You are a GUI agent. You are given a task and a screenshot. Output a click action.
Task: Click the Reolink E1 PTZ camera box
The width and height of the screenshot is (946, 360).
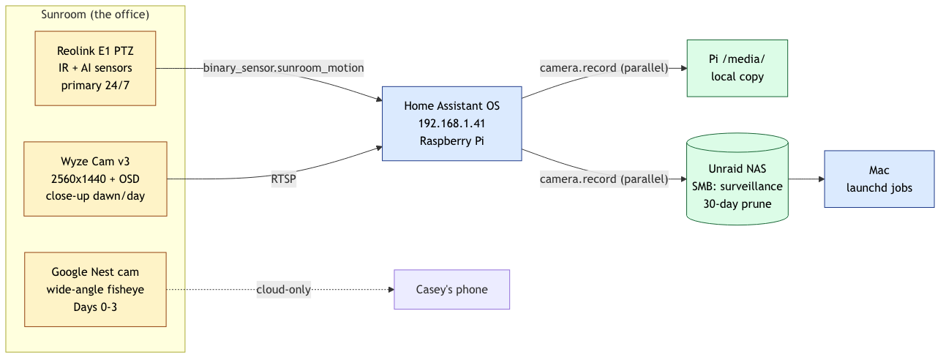(95, 68)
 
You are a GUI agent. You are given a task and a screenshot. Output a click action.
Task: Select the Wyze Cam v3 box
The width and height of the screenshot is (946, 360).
(95, 179)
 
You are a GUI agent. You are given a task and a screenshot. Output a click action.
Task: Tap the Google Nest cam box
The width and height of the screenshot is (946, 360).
(95, 290)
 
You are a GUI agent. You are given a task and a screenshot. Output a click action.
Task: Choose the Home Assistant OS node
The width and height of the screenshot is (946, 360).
(451, 124)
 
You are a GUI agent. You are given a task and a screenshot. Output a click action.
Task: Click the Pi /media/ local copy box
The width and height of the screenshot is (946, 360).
(737, 68)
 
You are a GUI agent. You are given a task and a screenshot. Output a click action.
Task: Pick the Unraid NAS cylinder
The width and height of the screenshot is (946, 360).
(737, 179)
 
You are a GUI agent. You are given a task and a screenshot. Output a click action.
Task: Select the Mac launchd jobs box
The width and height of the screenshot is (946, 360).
(879, 179)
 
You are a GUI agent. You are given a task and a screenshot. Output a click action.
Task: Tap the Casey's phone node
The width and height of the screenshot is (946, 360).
(451, 290)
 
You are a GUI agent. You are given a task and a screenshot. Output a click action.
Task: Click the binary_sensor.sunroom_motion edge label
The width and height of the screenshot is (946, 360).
(283, 68)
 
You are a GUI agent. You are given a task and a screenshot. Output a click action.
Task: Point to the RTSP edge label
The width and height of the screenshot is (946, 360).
(283, 179)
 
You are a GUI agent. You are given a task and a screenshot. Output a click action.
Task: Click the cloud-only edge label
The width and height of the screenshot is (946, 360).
(283, 290)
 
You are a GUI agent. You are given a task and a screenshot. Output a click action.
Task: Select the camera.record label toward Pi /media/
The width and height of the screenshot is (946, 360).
(604, 68)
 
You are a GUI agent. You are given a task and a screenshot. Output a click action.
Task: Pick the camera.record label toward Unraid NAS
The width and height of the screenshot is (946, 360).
(604, 179)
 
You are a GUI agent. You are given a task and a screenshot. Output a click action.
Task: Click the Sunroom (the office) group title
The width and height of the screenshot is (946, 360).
(95, 15)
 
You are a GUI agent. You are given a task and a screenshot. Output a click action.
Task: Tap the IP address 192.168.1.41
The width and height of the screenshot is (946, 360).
(451, 124)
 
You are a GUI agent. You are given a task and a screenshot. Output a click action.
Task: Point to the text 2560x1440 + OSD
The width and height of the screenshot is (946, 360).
(95, 179)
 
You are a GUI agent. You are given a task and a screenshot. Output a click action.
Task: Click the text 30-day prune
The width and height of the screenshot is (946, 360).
(737, 203)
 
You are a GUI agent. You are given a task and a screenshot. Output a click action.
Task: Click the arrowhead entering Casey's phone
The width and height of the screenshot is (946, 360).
(390, 290)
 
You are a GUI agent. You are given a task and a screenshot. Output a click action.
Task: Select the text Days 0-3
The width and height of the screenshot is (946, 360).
(95, 307)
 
